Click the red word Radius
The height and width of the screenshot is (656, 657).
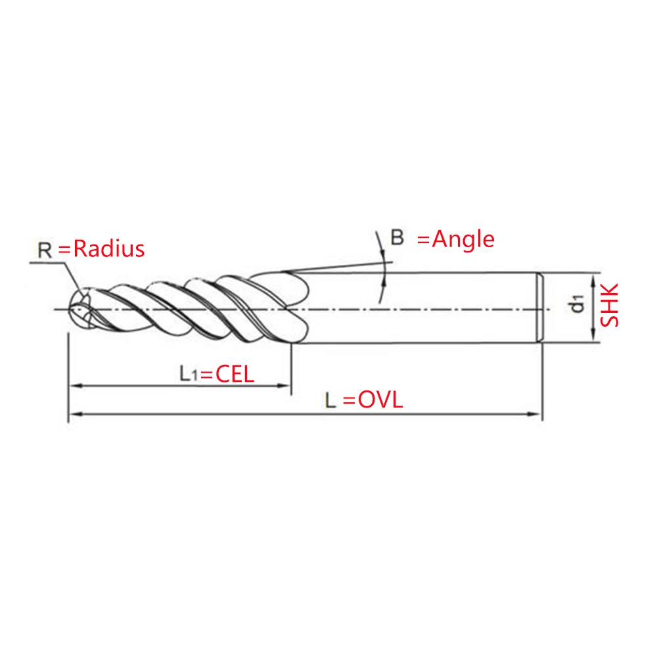pyautogui.click(x=108, y=249)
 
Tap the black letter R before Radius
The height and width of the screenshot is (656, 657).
pyautogui.click(x=45, y=250)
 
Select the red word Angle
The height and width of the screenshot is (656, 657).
pyautogui.click(x=463, y=239)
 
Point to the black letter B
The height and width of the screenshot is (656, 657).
pyautogui.click(x=397, y=238)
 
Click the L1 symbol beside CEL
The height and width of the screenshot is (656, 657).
pyautogui.click(x=189, y=374)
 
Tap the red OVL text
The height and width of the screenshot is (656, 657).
pyautogui.click(x=380, y=400)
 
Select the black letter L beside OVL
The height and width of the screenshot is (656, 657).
pyautogui.click(x=331, y=400)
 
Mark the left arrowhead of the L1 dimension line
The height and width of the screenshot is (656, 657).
pyautogui.click(x=74, y=387)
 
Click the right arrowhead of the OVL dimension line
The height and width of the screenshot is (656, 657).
pyautogui.click(x=537, y=413)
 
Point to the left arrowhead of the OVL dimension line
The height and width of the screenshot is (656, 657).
pyautogui.click(x=74, y=413)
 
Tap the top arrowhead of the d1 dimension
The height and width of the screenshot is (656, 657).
pyautogui.click(x=594, y=279)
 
